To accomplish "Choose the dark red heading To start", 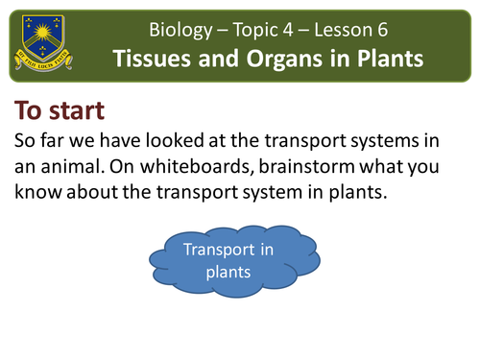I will pos(61,108).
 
